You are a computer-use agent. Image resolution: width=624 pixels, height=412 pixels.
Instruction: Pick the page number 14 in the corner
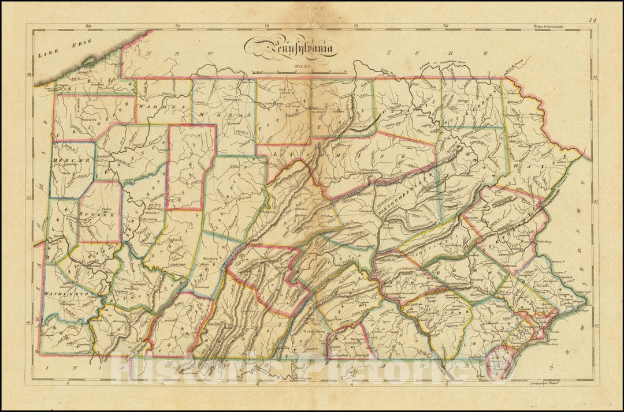click(590, 21)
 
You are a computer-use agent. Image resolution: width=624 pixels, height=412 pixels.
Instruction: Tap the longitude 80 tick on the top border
click(88, 26)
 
